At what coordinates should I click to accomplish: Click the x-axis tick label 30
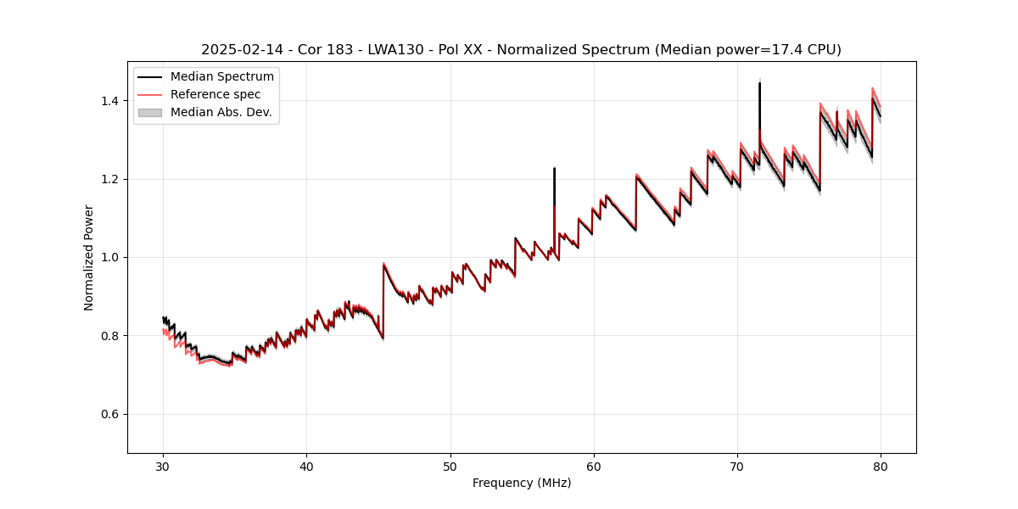coord(163,466)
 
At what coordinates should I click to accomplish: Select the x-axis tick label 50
coord(450,466)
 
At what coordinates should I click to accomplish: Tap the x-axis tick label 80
coord(881,466)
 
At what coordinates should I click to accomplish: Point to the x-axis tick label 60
coord(593,466)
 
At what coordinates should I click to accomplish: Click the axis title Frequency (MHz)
coord(522,483)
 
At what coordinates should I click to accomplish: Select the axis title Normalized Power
coord(89,257)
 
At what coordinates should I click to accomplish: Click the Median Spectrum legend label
coord(221,77)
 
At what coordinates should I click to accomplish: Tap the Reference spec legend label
coord(215,94)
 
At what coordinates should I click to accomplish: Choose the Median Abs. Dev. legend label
coord(221,112)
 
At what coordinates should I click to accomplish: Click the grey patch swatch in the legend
coord(150,112)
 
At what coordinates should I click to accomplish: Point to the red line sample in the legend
coord(150,94)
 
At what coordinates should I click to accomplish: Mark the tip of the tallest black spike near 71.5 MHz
coord(759,83)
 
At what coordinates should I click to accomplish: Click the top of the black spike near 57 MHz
coord(554,168)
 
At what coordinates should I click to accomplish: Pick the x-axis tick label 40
coord(306,466)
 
